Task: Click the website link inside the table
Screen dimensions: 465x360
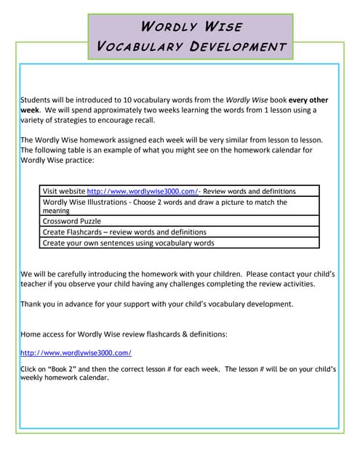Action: tap(143, 191)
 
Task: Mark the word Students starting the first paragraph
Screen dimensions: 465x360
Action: tap(36, 100)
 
